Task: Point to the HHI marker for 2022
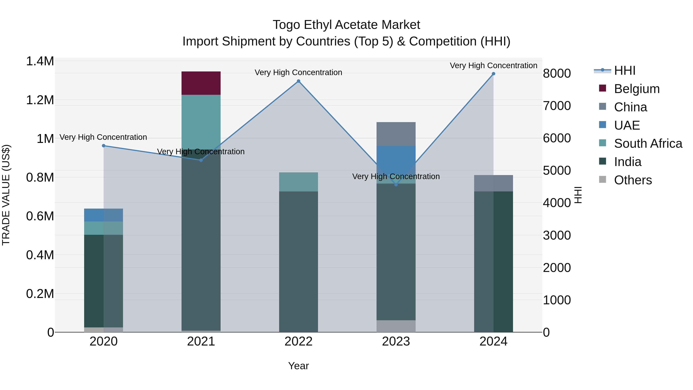298,81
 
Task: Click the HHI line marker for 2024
493,74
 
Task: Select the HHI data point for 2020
104,146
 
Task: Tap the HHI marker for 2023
396,185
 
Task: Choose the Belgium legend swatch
602,88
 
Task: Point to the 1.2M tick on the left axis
40,100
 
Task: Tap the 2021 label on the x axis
201,341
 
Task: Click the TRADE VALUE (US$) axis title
6,195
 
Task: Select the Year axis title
298,366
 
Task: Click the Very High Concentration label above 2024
493,65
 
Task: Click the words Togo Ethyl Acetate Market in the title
346,25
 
